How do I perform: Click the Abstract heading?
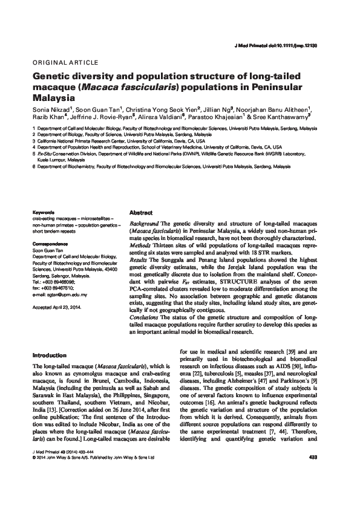(x=141, y=213)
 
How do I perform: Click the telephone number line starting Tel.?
(x=54, y=282)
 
